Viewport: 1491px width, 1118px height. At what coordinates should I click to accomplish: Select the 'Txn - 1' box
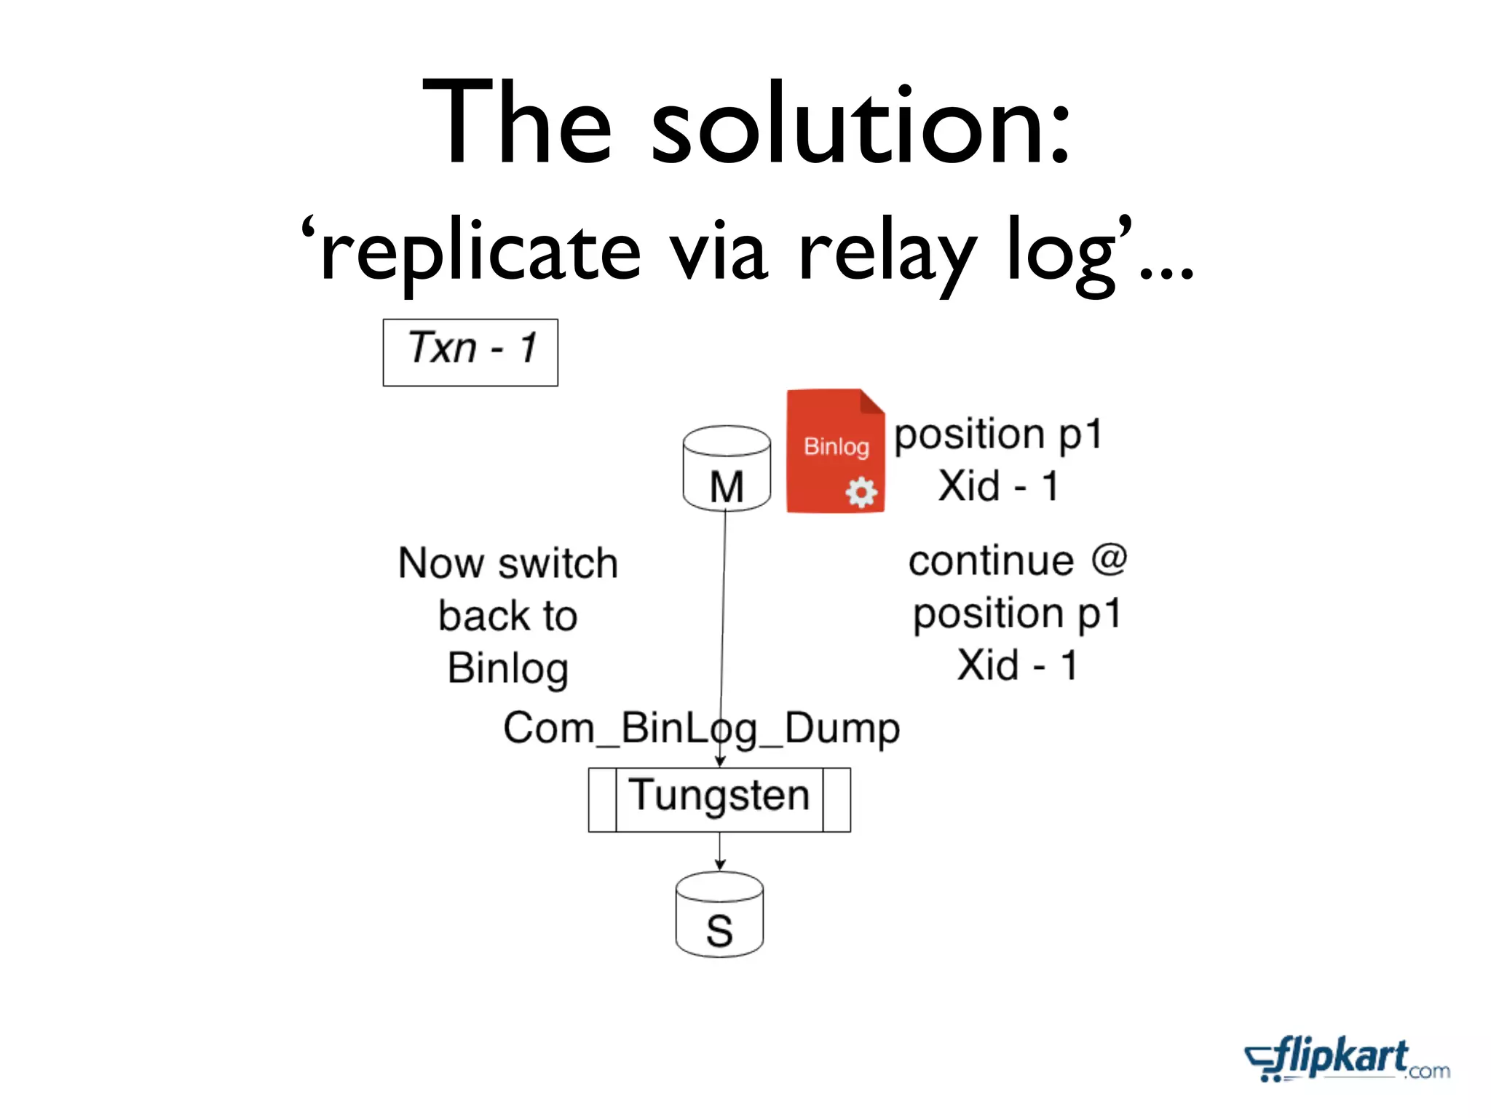click(470, 352)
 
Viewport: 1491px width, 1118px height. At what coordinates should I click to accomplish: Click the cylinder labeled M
click(727, 469)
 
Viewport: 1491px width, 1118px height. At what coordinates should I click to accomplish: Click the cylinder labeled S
click(719, 915)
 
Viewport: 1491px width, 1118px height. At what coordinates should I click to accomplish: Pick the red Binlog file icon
click(835, 451)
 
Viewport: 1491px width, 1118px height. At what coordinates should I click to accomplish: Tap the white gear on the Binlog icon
click(861, 493)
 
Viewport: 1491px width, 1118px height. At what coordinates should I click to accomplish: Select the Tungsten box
click(719, 798)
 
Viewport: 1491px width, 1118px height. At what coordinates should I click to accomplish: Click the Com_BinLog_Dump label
click(701, 728)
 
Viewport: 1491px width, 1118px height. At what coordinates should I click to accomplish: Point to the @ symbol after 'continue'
click(1109, 559)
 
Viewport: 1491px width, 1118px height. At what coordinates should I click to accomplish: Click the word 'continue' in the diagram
click(991, 560)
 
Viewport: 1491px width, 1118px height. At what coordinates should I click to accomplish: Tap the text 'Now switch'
click(508, 563)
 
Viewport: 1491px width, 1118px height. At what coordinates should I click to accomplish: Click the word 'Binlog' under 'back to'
click(508, 668)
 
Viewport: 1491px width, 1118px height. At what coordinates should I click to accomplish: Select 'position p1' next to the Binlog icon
click(998, 435)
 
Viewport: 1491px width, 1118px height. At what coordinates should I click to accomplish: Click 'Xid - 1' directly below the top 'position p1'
click(998, 485)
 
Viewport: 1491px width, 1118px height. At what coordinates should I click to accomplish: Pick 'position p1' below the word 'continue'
click(1017, 614)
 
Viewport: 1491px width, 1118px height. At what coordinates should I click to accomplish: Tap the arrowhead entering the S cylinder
click(719, 865)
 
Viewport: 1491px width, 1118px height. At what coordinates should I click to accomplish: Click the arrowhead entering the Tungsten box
click(719, 761)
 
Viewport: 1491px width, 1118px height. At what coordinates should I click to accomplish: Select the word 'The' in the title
click(517, 124)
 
